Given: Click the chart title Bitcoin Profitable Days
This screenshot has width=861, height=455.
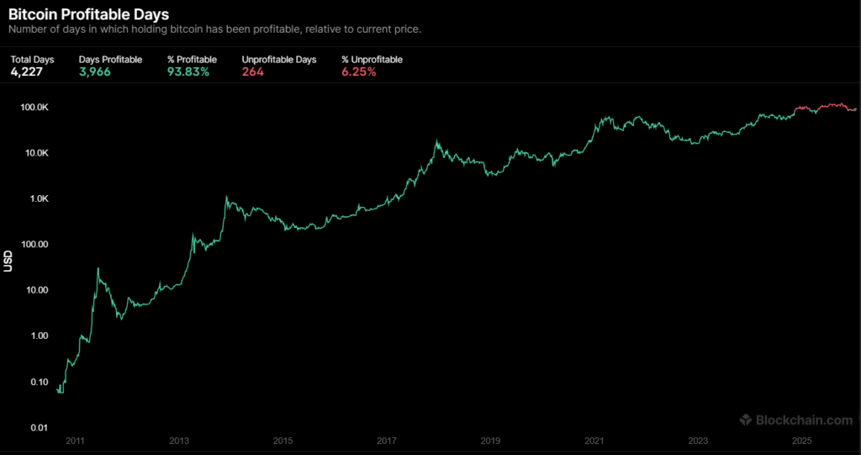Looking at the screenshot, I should pyautogui.click(x=88, y=13).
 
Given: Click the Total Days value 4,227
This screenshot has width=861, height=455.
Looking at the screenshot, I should pyautogui.click(x=26, y=72).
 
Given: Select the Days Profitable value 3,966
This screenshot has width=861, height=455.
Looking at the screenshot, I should pyautogui.click(x=95, y=72).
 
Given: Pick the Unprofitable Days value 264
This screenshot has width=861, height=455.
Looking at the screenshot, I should pyautogui.click(x=253, y=72).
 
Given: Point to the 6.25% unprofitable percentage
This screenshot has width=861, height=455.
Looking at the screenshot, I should pyautogui.click(x=359, y=72).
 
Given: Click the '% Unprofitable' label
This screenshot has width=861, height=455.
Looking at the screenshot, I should pyautogui.click(x=372, y=60).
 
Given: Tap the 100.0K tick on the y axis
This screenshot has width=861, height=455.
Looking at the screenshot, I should pyautogui.click(x=34, y=108).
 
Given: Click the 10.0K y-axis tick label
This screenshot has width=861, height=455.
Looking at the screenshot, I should pyautogui.click(x=36, y=153).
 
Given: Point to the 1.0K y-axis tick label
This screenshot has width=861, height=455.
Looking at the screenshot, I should pyautogui.click(x=39, y=199).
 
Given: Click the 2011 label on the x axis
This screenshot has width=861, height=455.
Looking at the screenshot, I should pyautogui.click(x=75, y=441).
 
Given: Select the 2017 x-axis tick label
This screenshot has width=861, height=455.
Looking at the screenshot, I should pyautogui.click(x=387, y=441).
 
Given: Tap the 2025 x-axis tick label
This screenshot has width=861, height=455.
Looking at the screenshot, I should pyautogui.click(x=801, y=441).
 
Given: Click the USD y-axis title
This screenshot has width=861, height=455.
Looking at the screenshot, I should pyautogui.click(x=9, y=262).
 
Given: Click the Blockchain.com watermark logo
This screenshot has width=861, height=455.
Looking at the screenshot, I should pyautogui.click(x=796, y=420).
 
